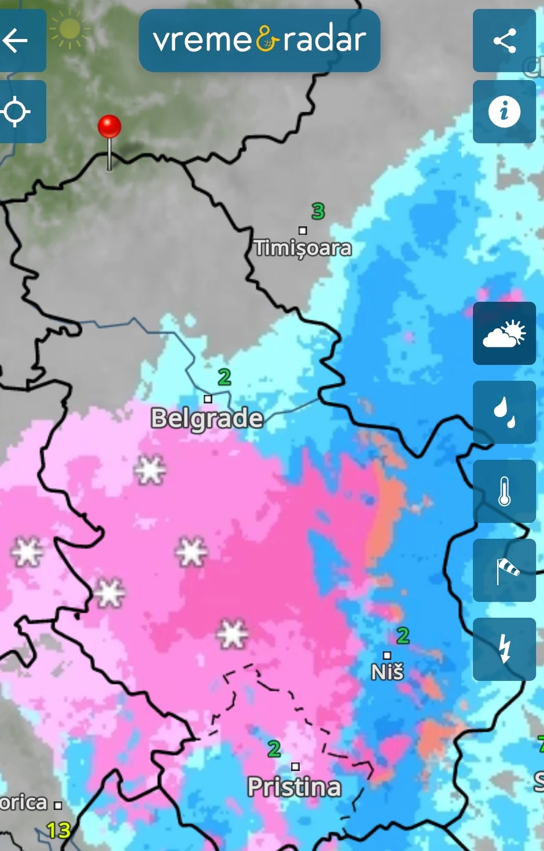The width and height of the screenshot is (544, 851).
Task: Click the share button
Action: coord(504,41)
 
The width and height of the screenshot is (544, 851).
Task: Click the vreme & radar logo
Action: coord(259,41)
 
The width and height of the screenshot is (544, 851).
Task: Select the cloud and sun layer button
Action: coord(504,333)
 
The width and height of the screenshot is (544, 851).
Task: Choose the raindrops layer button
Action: coord(504,412)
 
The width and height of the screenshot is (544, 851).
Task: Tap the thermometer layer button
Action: coord(504,491)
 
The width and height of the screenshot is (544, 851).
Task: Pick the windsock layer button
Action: coord(504,570)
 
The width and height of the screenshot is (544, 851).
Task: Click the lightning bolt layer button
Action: coord(504,649)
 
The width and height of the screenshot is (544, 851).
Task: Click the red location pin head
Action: coord(109,126)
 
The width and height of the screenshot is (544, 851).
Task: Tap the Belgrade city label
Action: coord(207,418)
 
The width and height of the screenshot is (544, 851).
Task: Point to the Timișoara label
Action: coord(303,248)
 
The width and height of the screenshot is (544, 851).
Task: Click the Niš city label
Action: coord(387,672)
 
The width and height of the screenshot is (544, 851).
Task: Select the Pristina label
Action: coord(294,787)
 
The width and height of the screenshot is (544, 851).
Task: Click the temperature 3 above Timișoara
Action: coord(318,211)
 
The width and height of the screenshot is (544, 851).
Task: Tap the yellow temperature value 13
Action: coord(58,831)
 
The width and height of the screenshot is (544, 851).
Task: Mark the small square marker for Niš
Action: coord(387,655)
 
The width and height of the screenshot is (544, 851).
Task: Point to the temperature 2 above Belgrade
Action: coord(225,377)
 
